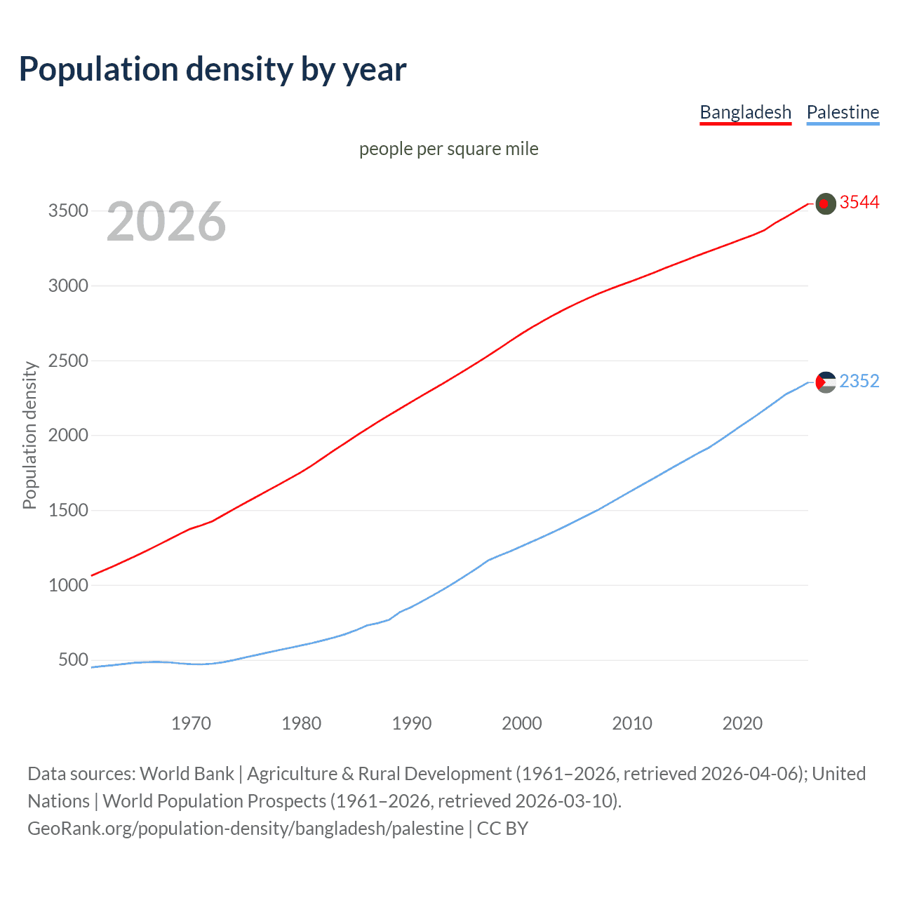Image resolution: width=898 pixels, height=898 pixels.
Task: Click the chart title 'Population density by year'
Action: (213, 69)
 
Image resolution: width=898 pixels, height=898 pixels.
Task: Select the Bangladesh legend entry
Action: (745, 112)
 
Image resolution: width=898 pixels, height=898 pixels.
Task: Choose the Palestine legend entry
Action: (843, 112)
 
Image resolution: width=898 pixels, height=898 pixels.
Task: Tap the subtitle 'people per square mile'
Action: (448, 149)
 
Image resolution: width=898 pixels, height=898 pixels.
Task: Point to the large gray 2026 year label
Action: (166, 222)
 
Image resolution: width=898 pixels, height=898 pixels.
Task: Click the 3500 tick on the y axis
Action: (68, 210)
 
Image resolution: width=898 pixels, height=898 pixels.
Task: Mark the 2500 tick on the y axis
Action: (68, 361)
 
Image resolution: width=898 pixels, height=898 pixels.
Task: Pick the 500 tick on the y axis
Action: (73, 659)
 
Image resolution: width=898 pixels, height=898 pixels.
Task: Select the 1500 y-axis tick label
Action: (68, 510)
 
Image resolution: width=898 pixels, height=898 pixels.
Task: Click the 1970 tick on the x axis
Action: (191, 723)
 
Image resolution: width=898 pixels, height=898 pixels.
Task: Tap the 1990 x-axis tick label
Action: (412, 723)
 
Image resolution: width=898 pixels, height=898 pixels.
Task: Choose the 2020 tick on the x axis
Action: (742, 723)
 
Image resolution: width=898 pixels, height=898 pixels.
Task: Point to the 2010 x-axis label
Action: (632, 723)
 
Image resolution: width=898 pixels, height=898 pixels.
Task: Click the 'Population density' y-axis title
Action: (29, 435)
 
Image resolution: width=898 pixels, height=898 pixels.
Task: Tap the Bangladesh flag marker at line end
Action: (826, 203)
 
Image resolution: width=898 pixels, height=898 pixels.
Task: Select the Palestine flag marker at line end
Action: (826, 382)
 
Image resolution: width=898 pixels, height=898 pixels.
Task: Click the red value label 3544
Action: (859, 202)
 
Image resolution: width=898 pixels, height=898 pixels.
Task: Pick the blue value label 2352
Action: (859, 381)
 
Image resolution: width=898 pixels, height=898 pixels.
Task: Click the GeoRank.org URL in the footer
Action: (246, 829)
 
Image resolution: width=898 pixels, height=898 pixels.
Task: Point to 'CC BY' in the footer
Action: (502, 829)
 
